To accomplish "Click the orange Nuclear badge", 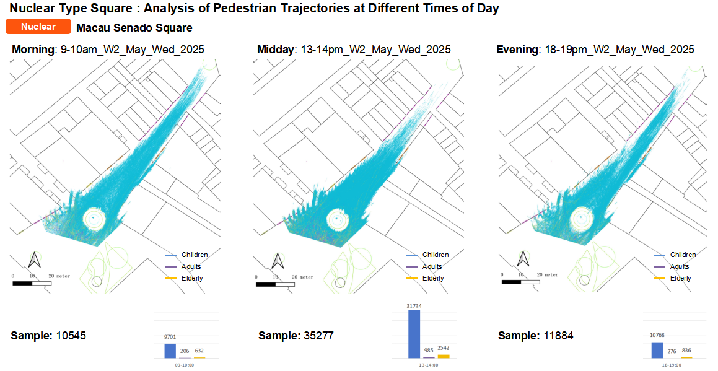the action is [x=38, y=27].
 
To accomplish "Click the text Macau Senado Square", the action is [x=134, y=28].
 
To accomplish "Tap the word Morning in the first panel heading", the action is [x=34, y=50].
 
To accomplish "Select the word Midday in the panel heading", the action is [x=276, y=50].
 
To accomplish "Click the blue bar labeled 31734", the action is [x=414, y=334].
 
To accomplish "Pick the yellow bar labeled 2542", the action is [x=444, y=356].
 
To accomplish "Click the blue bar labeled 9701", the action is [x=170, y=351].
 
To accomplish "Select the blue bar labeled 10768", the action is [x=657, y=350].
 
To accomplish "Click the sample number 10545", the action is [x=71, y=336].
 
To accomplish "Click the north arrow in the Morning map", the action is [x=35, y=260].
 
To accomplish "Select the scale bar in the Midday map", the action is [x=275, y=284].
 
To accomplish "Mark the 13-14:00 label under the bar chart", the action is [x=429, y=365].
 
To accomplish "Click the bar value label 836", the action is [x=686, y=351].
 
